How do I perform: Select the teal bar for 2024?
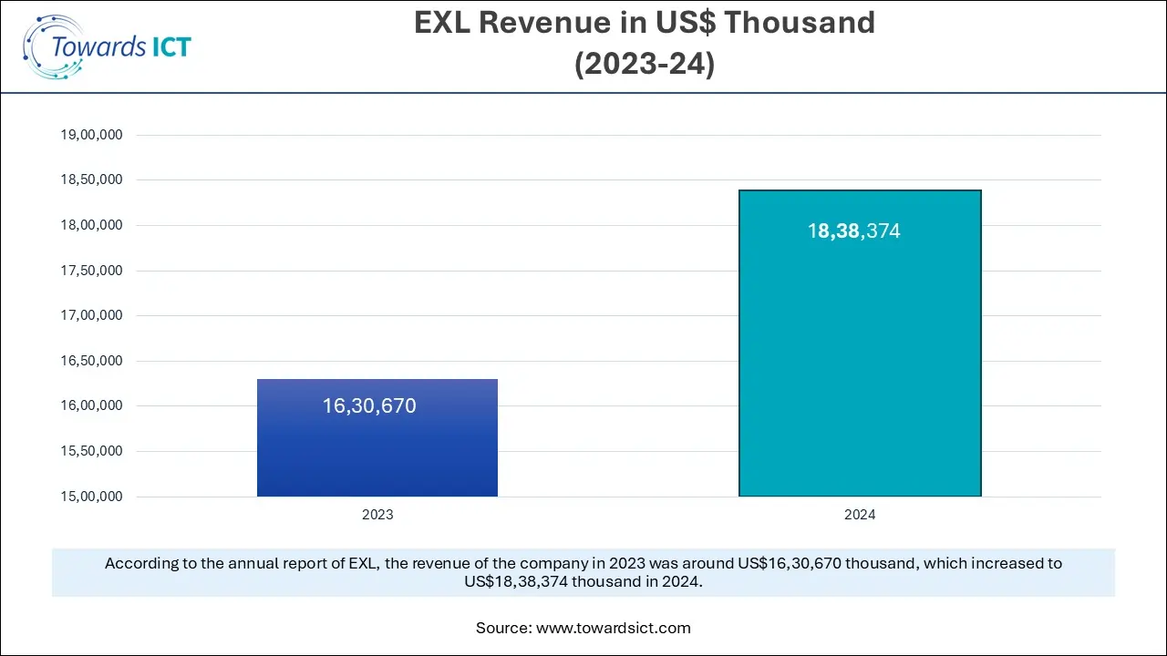tap(859, 364)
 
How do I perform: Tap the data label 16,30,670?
tap(369, 406)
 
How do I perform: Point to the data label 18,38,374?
tap(853, 231)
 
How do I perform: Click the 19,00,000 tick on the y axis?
tap(91, 135)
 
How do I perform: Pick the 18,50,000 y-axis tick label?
tap(91, 180)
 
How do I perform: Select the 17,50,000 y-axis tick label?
tap(91, 271)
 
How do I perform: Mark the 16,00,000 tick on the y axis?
tap(91, 406)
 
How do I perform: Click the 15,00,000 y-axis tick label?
tap(91, 497)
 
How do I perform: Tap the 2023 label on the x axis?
tap(377, 515)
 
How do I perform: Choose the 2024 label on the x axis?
tap(859, 515)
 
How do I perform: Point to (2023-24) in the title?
tap(644, 65)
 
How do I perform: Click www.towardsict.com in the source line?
tap(614, 628)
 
